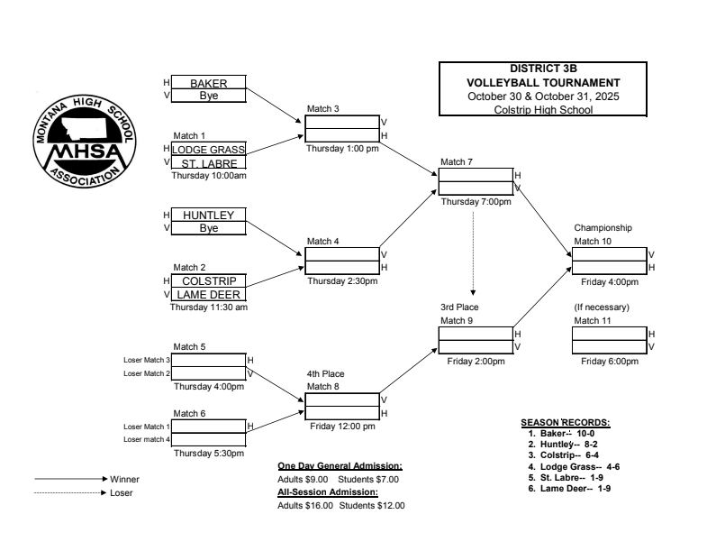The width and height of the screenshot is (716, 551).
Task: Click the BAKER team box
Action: coord(207,83)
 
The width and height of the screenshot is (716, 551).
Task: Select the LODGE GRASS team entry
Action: coord(208,150)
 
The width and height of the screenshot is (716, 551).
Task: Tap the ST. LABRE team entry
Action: coord(208,163)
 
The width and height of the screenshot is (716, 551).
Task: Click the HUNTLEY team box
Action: coord(207,216)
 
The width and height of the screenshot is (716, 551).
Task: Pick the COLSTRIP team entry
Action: coord(207,281)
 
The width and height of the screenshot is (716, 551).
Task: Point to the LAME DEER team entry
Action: coord(207,295)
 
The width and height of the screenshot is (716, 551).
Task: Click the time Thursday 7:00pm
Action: coord(476,201)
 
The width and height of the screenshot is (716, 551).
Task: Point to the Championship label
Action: coord(603,228)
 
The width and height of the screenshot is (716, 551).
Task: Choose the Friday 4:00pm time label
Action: coord(609,281)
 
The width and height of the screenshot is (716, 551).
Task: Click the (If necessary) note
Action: coord(602,308)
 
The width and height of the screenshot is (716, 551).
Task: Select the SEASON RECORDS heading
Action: coord(565,422)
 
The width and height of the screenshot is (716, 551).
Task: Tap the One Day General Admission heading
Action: coord(340,466)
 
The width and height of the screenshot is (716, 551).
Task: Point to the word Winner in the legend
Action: coord(124,479)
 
